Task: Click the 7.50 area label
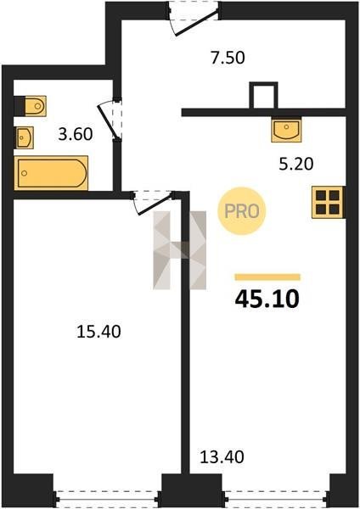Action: point(228,58)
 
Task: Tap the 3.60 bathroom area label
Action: point(76,134)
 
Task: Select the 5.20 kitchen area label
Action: point(296,164)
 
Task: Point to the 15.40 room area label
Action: point(98,332)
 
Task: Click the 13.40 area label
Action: point(222,457)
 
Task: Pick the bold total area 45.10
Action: point(267,299)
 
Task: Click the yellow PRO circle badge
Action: point(242,211)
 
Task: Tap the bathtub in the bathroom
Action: point(51,173)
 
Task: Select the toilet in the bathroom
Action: point(31,106)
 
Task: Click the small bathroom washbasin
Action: point(24,137)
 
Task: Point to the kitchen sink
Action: point(286,129)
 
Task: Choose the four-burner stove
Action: point(328,202)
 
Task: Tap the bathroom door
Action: point(110,119)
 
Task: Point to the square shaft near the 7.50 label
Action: point(263,95)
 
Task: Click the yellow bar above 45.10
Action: point(267,277)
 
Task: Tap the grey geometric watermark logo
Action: point(180,250)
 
